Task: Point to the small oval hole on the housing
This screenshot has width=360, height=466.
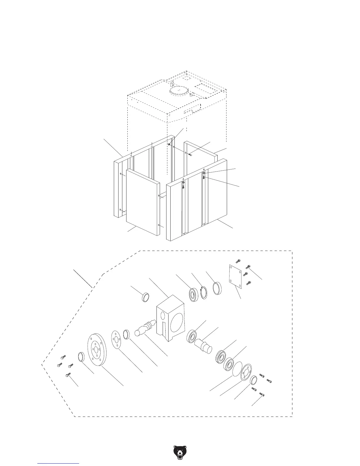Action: [163, 317]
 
